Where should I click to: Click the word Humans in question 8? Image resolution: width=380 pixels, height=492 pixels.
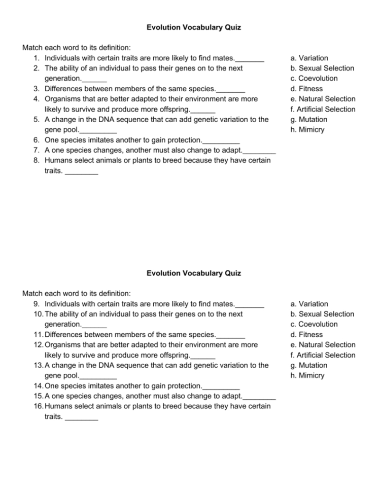(x=57, y=161)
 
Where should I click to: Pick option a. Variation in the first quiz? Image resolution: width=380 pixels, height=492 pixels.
(x=309, y=58)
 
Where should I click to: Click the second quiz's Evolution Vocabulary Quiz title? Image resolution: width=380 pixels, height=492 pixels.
(x=193, y=273)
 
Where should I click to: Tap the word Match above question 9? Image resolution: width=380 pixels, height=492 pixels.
(x=33, y=293)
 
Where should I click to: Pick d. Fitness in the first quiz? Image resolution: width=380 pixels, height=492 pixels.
(x=306, y=89)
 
